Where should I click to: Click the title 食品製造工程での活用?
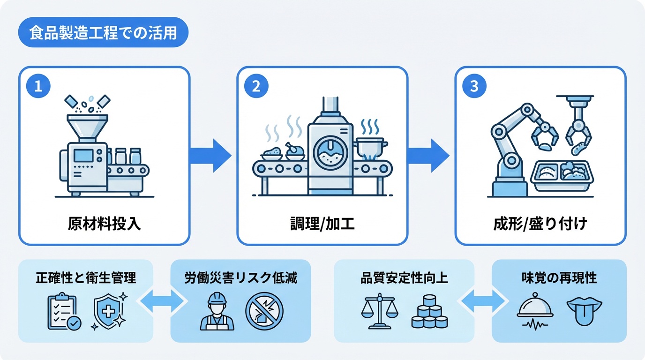click(103, 34)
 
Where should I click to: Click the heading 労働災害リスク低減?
click(240, 278)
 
